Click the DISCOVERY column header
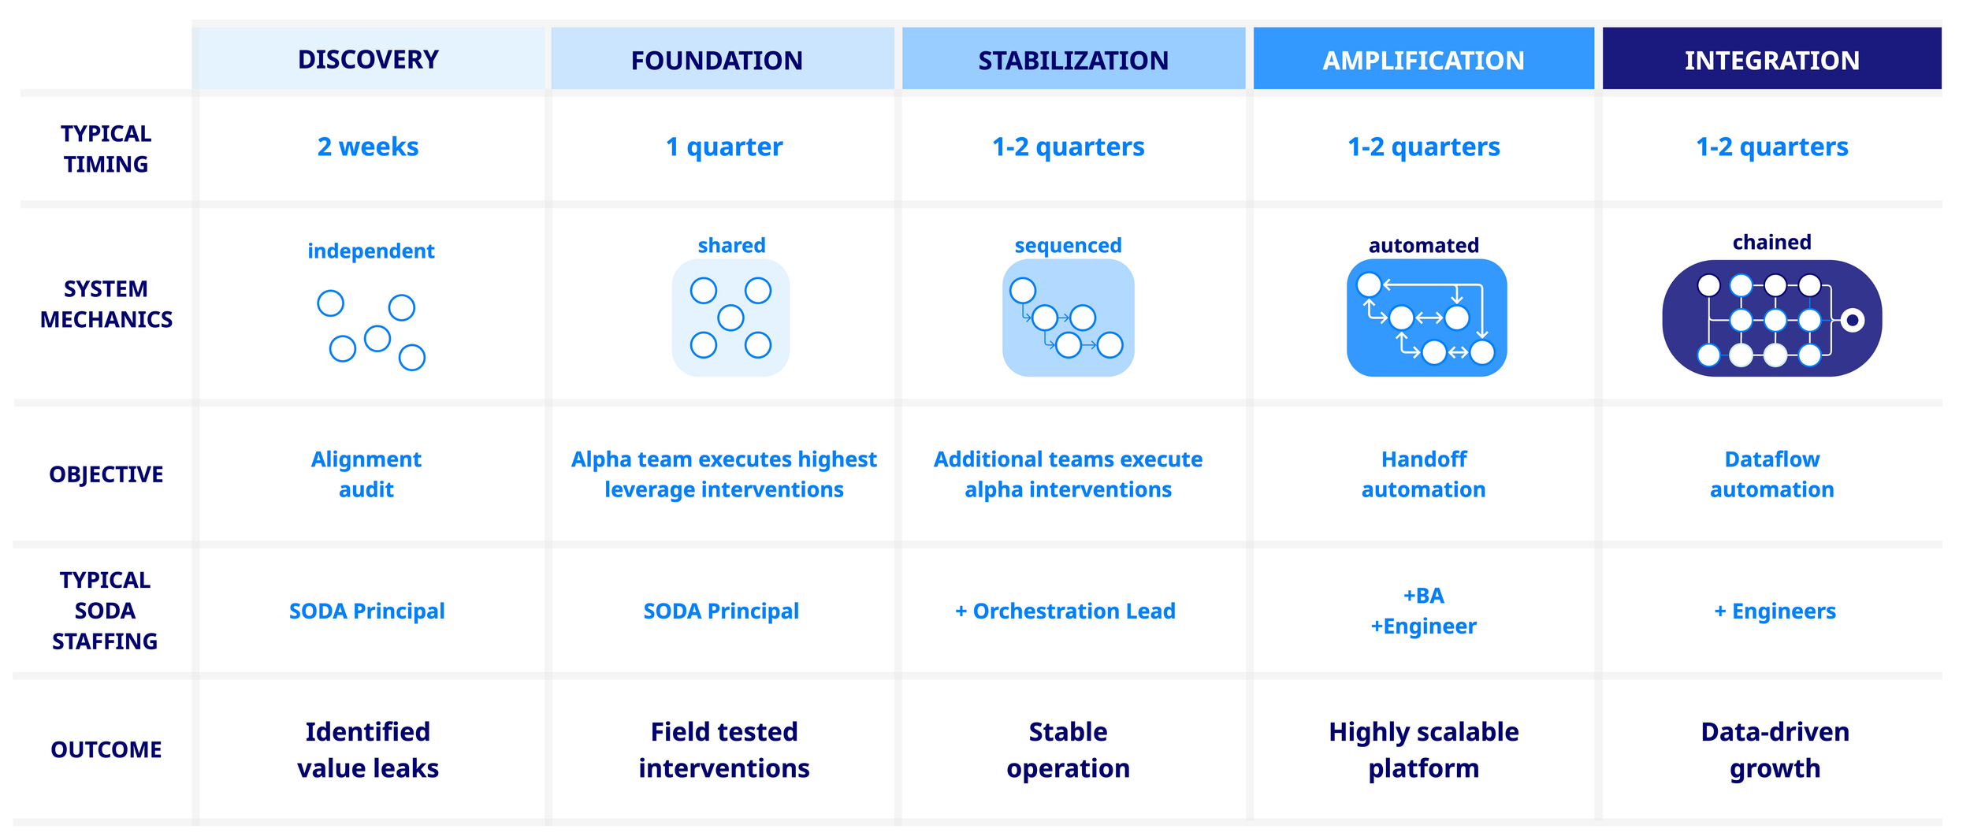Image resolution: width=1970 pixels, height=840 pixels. coord(368,59)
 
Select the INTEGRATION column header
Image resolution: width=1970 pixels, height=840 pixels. coord(1771,60)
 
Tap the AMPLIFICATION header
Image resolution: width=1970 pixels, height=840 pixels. coord(1423,60)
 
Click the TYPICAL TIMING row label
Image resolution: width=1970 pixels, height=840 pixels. coord(106,149)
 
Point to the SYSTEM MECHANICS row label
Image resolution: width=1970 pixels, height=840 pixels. coord(106,304)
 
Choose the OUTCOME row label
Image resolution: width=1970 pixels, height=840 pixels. coord(106,749)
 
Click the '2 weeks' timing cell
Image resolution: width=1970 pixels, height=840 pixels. coord(368,147)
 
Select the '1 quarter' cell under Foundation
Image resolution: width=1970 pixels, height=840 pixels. coord(723,147)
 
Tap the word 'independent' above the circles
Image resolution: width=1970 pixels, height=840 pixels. coord(370,251)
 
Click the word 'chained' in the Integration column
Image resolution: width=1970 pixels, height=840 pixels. coord(1771,242)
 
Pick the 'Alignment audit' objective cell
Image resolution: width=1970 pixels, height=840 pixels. coord(366,474)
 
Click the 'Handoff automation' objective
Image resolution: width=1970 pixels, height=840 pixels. coord(1423,474)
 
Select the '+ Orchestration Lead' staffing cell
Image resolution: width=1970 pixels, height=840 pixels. coord(1065,611)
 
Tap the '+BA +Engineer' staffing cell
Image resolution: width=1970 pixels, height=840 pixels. coord(1423,611)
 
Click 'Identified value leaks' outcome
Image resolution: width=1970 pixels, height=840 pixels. coord(368,749)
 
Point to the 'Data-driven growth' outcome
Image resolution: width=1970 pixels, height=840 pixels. coord(1775,749)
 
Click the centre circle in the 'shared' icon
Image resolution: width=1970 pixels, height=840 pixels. coord(730,318)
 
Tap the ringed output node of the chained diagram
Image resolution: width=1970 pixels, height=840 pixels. coord(1853,320)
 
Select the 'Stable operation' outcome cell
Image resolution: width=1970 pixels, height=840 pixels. coord(1068,749)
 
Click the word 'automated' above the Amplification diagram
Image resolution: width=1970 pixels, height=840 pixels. coord(1423,245)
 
